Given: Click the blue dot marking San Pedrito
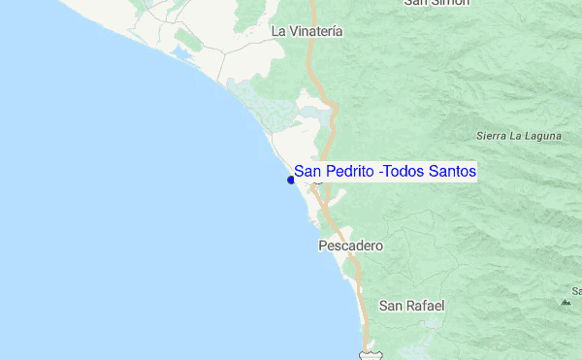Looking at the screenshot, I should (291, 179).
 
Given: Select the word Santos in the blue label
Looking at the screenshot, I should (452, 172).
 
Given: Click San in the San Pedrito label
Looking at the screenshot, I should (307, 172).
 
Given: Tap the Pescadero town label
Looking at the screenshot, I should (350, 246).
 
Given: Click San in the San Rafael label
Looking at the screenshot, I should (390, 306).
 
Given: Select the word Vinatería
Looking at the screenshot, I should (315, 31).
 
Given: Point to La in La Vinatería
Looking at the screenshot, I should (279, 31).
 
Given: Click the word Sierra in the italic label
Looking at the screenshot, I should (493, 137).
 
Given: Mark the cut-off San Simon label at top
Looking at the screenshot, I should (437, 3).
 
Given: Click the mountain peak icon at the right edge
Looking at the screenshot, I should (566, 302).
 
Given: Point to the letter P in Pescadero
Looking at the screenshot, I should (323, 246).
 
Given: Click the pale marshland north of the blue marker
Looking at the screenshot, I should (262, 107).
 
